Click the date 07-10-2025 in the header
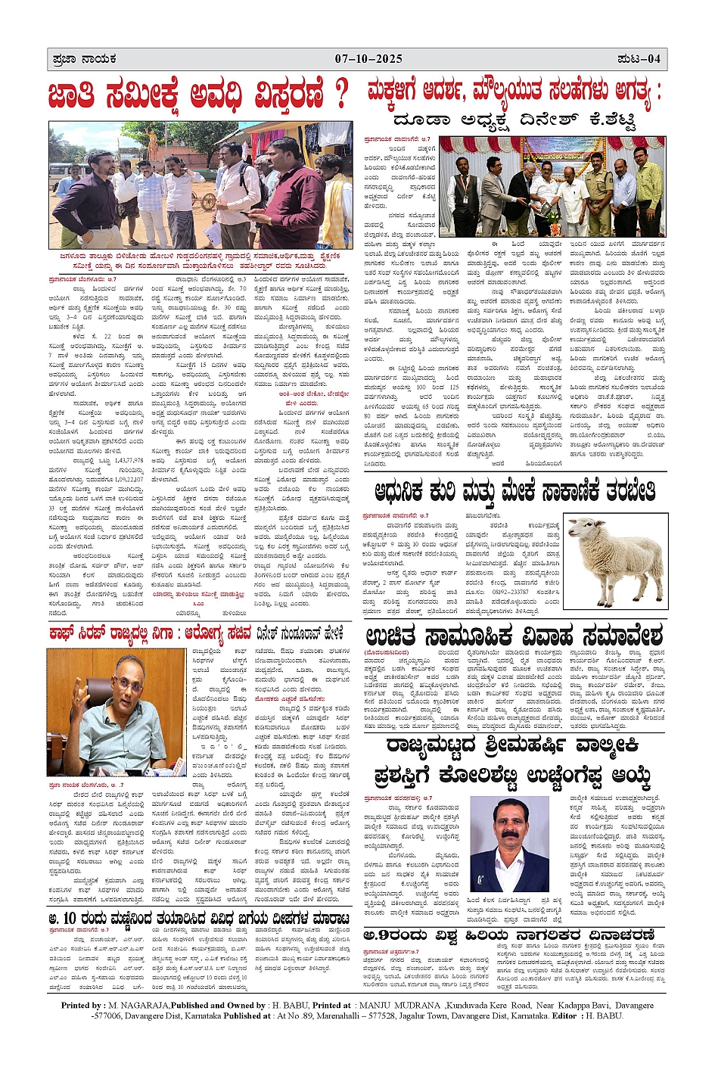(x=368, y=59)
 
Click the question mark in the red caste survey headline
(x=341, y=95)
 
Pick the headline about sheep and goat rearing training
(x=510, y=491)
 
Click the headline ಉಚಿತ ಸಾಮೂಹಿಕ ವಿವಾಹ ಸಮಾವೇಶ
(x=514, y=634)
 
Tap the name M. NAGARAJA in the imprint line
(x=139, y=1005)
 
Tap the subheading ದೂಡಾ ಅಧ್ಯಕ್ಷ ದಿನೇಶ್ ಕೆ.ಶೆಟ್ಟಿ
(x=514, y=120)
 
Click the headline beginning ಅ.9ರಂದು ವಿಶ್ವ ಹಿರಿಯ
(x=514, y=935)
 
